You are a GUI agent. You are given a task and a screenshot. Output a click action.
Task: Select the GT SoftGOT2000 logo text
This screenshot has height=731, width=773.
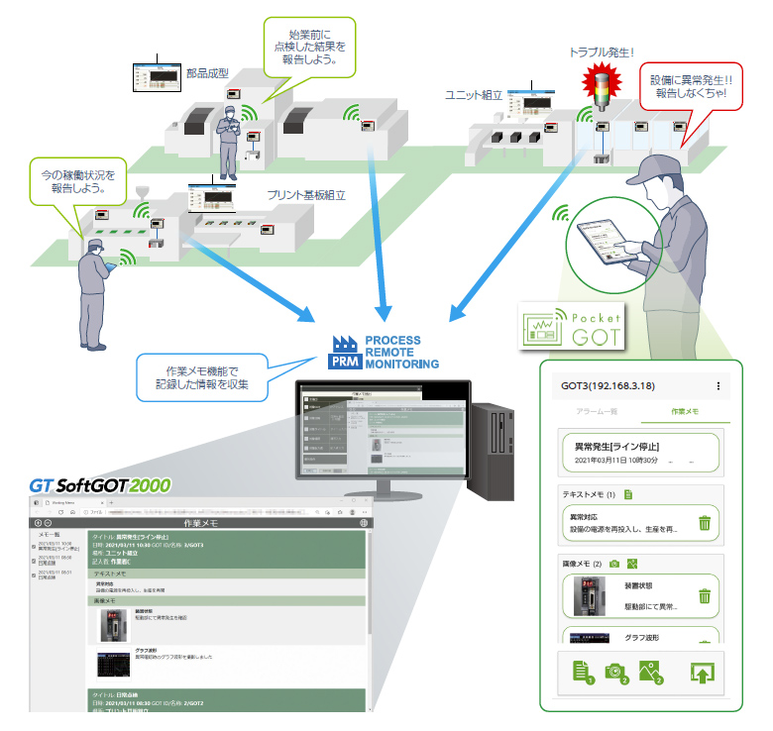click(x=99, y=486)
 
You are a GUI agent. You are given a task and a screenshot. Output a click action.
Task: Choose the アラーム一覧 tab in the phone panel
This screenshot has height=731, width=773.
click(x=600, y=409)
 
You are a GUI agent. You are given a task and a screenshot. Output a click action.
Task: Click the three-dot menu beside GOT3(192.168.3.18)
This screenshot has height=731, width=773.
click(x=718, y=384)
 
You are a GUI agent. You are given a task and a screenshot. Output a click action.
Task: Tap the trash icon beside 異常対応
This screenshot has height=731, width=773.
click(x=704, y=523)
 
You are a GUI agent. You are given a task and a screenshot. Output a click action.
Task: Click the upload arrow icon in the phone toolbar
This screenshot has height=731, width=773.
click(x=702, y=675)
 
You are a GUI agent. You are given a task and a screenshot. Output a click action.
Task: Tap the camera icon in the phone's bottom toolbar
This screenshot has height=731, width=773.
click(x=615, y=673)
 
